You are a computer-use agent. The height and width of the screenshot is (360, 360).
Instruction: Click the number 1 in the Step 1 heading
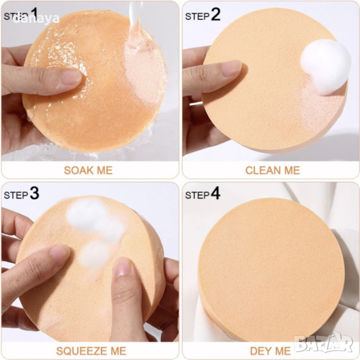click(34, 13)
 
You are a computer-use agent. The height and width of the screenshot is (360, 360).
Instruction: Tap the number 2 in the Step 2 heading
click(215, 14)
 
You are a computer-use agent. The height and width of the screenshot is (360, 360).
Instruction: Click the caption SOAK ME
click(88, 170)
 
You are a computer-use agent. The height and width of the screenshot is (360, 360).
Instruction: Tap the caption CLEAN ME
click(272, 170)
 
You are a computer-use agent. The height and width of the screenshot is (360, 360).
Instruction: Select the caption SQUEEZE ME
click(91, 351)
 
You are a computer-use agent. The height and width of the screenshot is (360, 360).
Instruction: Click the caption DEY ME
click(270, 351)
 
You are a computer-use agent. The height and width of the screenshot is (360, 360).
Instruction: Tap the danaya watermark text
click(36, 19)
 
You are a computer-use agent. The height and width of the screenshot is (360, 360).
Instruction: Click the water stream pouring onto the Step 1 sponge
click(134, 23)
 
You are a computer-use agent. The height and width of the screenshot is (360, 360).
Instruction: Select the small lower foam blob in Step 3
click(94, 254)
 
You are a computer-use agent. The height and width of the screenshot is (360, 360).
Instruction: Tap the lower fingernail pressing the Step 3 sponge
click(122, 267)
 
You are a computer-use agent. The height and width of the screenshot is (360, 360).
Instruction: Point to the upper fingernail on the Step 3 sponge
click(59, 253)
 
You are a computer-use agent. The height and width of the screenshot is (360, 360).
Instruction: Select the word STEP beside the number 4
click(197, 195)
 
